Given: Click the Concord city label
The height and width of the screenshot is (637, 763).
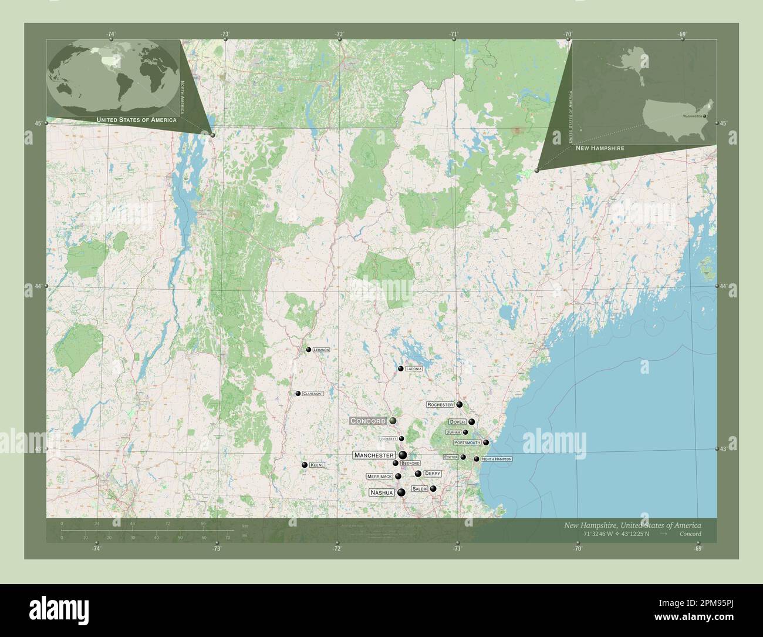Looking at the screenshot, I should point(368,421).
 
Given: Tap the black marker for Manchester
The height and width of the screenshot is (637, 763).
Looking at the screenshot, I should point(403,455).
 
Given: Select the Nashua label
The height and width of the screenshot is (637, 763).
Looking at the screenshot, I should point(381,492).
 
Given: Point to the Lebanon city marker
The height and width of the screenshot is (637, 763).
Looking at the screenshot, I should point(308,350).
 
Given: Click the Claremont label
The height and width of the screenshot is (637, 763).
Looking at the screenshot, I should point(313,394).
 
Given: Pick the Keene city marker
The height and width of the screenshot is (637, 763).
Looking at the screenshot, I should point(305,465).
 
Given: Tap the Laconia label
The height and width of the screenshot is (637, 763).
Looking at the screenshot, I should point(414,368).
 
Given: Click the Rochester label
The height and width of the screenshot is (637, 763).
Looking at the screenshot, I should point(440,405).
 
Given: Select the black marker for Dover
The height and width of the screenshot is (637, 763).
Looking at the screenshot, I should point(471,421).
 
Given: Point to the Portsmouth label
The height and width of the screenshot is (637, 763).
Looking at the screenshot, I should point(467,442).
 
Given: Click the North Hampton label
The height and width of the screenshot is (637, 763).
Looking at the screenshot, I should point(496,458).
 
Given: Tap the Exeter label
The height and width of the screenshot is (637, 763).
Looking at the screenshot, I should point(451,457).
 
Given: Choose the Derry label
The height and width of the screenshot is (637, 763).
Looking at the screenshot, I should point(432,474).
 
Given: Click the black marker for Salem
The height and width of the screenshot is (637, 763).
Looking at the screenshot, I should point(433,488).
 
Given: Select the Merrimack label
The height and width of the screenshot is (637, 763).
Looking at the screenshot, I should point(379,477).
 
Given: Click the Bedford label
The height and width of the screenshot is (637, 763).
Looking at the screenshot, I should point(410,464).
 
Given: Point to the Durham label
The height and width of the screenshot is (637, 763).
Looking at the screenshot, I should point(454,433).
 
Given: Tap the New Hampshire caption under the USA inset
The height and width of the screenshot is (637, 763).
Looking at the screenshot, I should point(599,149).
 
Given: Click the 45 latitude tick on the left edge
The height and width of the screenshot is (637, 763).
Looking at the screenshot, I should point(38,123).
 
